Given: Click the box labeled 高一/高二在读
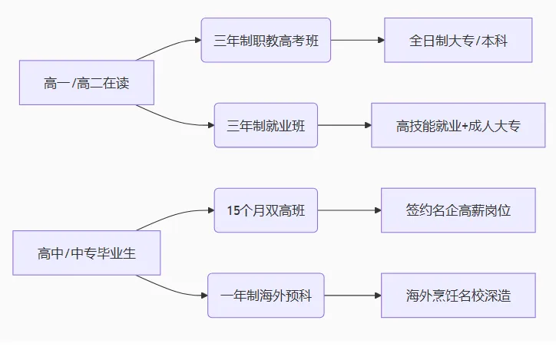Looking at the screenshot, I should [x=87, y=83].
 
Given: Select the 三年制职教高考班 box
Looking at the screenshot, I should [x=266, y=40].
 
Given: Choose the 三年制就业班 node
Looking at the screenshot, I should [x=266, y=125].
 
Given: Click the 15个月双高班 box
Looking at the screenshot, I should [x=266, y=210].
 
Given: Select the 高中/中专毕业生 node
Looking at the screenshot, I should [x=87, y=253].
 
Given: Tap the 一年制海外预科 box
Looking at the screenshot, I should [x=266, y=296].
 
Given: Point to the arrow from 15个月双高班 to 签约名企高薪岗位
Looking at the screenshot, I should [x=349, y=210].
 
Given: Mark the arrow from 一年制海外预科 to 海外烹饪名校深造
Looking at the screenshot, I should [x=352, y=296].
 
